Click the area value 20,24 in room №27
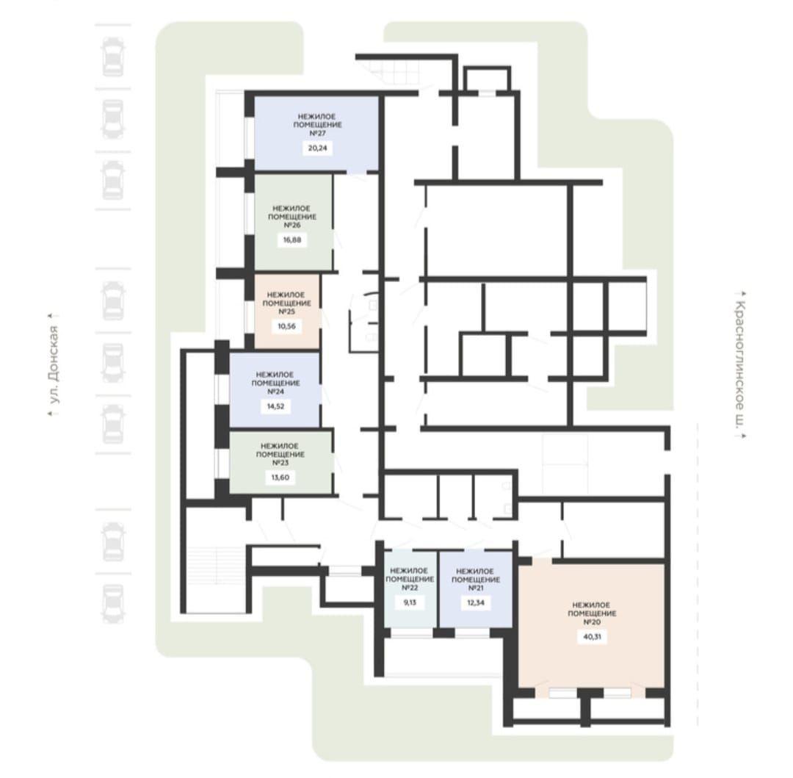[317, 148]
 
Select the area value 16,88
[292, 239]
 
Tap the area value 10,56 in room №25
[286, 326]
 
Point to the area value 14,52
[275, 406]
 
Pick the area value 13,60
[280, 478]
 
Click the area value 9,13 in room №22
[410, 602]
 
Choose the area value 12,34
[475, 602]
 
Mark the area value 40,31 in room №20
[592, 637]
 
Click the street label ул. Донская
[54, 364]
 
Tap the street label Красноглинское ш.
[739, 364]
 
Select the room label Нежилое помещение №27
[317, 125]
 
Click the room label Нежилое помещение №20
[592, 613]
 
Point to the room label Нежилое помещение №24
[275, 383]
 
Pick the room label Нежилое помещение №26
[292, 217]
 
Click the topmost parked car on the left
[113, 57]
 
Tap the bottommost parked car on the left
[113, 603]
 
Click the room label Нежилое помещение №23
[280, 454]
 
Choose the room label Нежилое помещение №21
[475, 579]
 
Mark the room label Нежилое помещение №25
[286, 303]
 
